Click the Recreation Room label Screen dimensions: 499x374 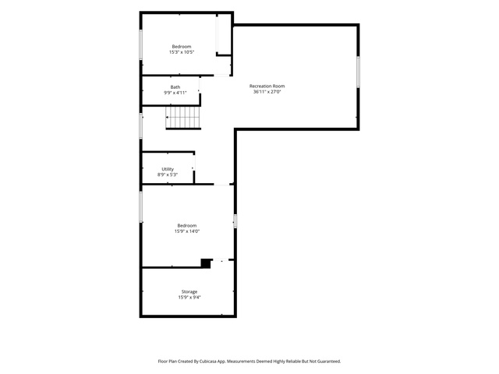tap(267, 86)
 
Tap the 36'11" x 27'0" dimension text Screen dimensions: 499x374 tap(267, 92)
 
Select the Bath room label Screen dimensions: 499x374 tap(175, 86)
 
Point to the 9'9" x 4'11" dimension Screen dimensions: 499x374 tap(175, 93)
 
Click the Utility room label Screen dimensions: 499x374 tap(168, 169)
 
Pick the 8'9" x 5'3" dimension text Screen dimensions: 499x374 tap(168, 175)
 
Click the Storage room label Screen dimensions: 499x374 tap(189, 291)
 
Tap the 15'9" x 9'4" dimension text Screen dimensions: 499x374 tap(189, 298)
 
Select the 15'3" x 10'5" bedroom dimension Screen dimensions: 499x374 tap(182, 52)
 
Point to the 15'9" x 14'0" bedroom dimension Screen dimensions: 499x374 tap(187, 231)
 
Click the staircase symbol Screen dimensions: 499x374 tap(183, 118)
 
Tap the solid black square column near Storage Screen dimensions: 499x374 tap(206, 263)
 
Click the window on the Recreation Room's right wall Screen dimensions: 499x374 tap(358, 72)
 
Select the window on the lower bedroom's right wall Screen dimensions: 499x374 tap(235, 221)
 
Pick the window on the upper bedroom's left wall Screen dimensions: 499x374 tap(140, 44)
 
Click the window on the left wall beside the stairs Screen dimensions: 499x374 tap(140, 125)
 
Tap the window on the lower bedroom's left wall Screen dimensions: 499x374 tap(140, 206)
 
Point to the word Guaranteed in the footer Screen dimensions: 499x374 tap(330, 362)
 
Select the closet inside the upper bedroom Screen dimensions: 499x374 tap(224, 34)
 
